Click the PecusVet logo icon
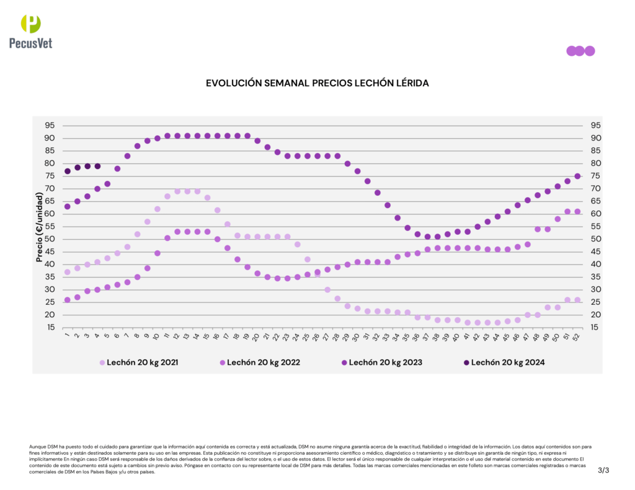31,24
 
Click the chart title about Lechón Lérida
317,82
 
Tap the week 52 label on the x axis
577,336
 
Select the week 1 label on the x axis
67,336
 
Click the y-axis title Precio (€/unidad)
39,227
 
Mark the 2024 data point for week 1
68,171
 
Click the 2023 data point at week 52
577,176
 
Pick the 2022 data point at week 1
68,300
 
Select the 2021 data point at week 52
577,300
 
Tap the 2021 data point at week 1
68,272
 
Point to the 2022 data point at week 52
577,211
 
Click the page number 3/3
603,470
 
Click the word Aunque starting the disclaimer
37,446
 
